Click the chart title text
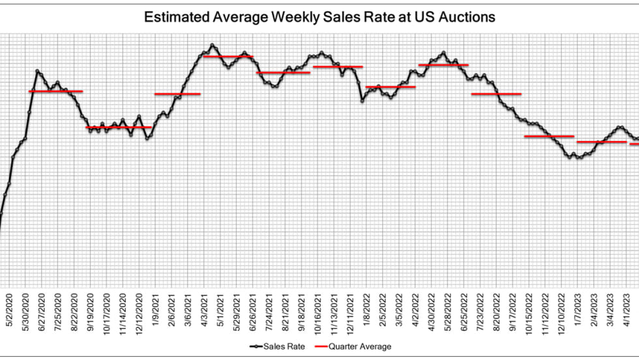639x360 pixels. (x=319, y=17)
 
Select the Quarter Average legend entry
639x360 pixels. (x=366, y=346)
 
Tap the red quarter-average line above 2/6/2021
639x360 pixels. (x=177, y=94)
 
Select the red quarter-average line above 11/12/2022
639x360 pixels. (x=549, y=136)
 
